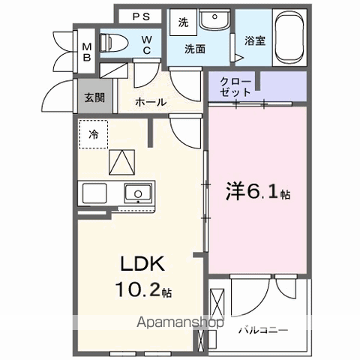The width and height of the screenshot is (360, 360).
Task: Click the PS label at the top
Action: click(141, 16)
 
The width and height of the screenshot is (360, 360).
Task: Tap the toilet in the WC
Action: click(114, 43)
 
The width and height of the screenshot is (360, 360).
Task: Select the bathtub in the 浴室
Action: click(289, 37)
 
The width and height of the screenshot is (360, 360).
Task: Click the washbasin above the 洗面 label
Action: click(215, 19)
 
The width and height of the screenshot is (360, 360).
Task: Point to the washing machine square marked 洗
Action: click(183, 22)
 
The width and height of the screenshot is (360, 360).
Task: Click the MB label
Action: click(87, 52)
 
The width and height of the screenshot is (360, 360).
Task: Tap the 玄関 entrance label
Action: click(94, 97)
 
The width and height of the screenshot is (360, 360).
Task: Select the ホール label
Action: click(151, 102)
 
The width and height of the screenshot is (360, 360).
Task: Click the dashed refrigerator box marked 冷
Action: click(94, 134)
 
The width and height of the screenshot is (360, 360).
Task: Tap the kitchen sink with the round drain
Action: click(138, 193)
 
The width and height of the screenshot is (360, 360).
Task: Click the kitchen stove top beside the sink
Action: click(94, 193)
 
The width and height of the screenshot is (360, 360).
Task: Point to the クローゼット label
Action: click(235, 87)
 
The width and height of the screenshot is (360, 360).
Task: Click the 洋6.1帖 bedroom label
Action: click(258, 191)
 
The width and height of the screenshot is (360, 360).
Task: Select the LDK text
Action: click(142, 264)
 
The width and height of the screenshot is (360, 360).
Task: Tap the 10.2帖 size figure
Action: click(143, 289)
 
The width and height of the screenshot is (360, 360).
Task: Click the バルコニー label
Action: click(263, 330)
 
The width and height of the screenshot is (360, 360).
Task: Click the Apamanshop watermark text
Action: click(180, 322)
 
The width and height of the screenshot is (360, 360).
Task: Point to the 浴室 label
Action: click(255, 40)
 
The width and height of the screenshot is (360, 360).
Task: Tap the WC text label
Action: click(147, 45)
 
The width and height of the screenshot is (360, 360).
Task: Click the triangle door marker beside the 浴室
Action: click(238, 57)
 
